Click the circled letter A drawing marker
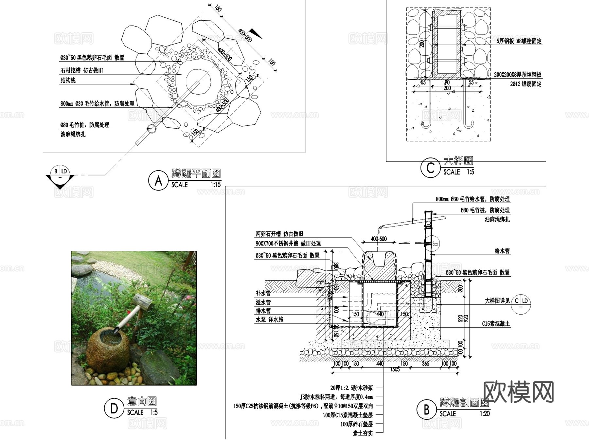(158, 180)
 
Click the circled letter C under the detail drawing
(430, 168)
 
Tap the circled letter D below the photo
(114, 408)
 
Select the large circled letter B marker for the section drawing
(426, 410)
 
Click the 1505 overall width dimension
(395, 369)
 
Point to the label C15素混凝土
(496, 324)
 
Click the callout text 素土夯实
(363, 433)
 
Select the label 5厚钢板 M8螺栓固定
(519, 41)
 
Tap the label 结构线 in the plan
(68, 81)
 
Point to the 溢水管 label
(263, 302)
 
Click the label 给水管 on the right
(502, 251)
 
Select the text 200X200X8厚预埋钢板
(518, 75)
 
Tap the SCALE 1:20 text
(464, 414)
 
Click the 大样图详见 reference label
(497, 301)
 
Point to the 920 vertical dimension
(466, 318)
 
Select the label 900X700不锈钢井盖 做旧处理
(288, 244)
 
